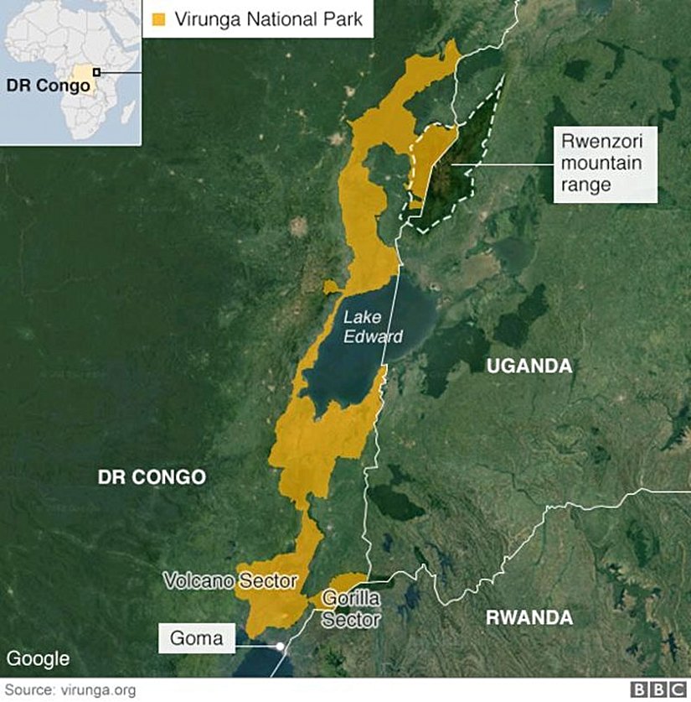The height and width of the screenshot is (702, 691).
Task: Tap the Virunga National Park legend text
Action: tap(268, 18)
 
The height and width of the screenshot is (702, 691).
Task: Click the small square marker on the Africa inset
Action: tap(96, 72)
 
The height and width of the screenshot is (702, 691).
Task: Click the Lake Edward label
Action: tap(374, 327)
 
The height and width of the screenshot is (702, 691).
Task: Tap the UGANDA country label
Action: tap(529, 366)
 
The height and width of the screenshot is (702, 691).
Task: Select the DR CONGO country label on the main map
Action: tap(152, 477)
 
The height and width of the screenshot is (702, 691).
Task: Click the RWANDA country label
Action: tap(529, 618)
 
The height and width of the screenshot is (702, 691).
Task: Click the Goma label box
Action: tap(197, 639)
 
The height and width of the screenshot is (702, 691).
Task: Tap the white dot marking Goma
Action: tap(280, 646)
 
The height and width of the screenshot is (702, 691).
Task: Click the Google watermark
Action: tap(38, 659)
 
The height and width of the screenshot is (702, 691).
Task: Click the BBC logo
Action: tap(657, 689)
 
